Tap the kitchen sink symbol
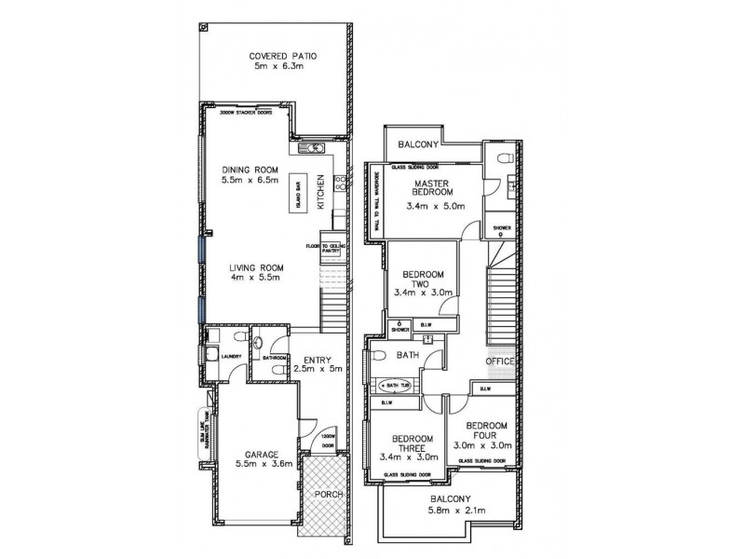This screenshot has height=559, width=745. coord(310,148)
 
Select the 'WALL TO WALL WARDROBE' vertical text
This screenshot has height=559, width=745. coord(376,201)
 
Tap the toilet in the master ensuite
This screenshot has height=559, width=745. coord(502,158)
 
